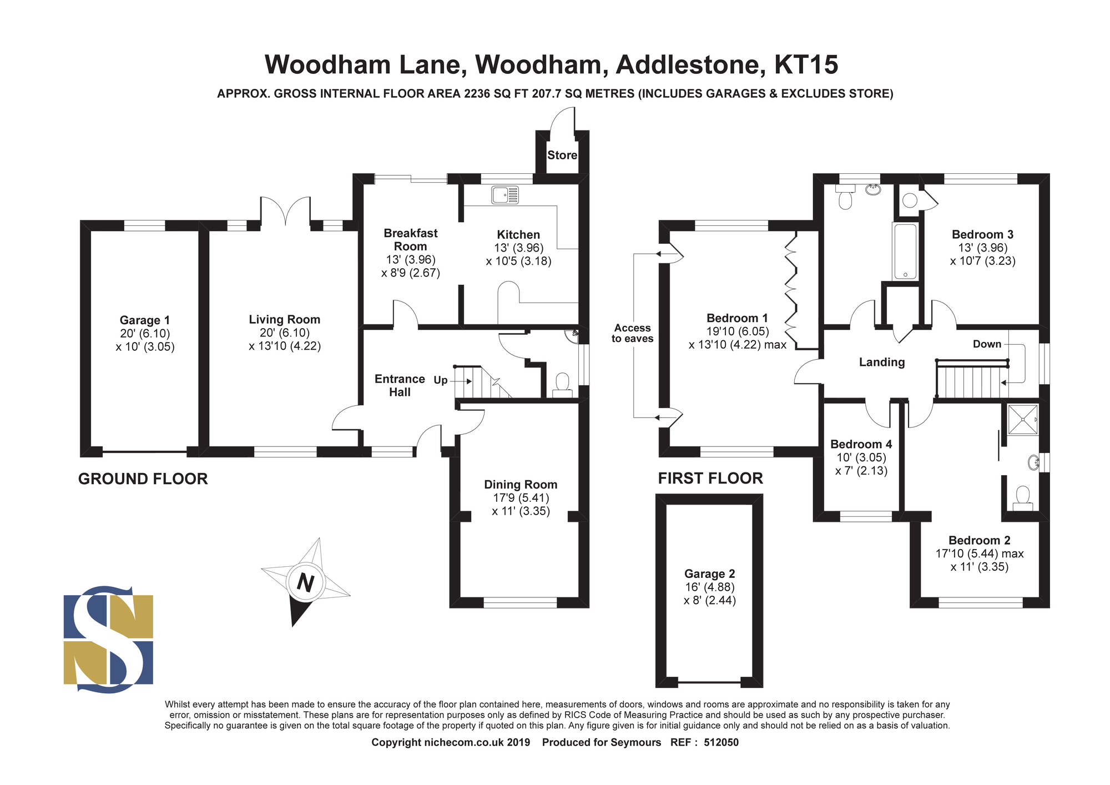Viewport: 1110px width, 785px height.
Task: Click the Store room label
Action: click(562, 155)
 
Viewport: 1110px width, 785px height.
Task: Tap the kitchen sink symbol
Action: click(505, 195)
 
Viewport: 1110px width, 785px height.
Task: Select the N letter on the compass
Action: click(305, 582)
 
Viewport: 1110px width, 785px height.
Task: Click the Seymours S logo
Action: click(108, 639)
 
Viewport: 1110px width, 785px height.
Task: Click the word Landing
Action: click(882, 363)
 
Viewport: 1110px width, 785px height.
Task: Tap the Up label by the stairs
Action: click(441, 380)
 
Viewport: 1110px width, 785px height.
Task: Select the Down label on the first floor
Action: click(987, 344)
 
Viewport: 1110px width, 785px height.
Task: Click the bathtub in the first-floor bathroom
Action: click(905, 251)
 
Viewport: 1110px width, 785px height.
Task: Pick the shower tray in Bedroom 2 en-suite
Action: click(1023, 420)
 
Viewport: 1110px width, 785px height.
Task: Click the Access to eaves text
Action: click(633, 333)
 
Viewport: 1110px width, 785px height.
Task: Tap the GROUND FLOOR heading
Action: click(143, 479)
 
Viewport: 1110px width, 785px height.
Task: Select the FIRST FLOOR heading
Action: click(710, 479)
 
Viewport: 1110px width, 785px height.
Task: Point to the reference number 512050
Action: click(721, 743)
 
